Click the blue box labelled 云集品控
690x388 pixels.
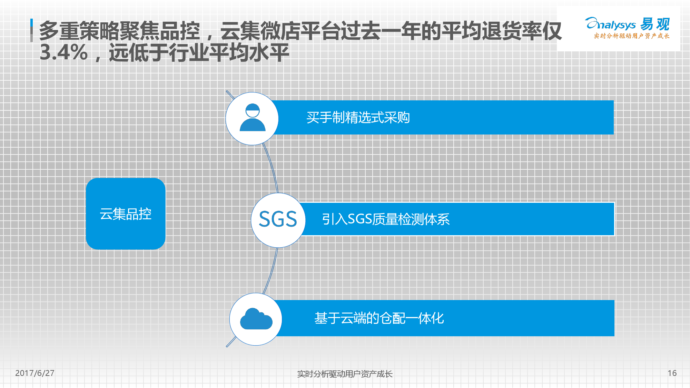[x=126, y=214]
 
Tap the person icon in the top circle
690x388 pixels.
[x=253, y=117]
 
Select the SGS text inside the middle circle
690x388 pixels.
[x=278, y=219]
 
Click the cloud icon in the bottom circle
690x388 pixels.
[x=256, y=319]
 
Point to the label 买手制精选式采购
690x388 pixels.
[x=358, y=118]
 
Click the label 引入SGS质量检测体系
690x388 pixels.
[x=386, y=219]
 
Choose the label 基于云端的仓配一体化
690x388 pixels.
[x=379, y=318]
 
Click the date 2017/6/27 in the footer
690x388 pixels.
[x=35, y=373]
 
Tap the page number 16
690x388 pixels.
[x=672, y=373]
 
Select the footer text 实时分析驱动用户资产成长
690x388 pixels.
[x=345, y=374]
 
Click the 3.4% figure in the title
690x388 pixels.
[x=64, y=53]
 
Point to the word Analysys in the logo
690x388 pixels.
[x=610, y=24]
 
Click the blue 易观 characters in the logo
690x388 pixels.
[x=655, y=24]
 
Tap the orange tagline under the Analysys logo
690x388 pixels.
[x=632, y=36]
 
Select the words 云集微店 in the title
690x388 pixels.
[x=260, y=31]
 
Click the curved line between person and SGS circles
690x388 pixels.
[x=272, y=167]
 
